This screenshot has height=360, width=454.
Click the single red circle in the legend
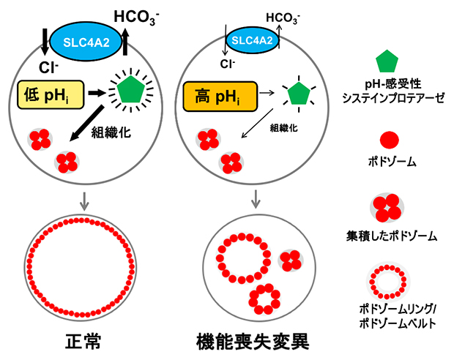click(x=391, y=138)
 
